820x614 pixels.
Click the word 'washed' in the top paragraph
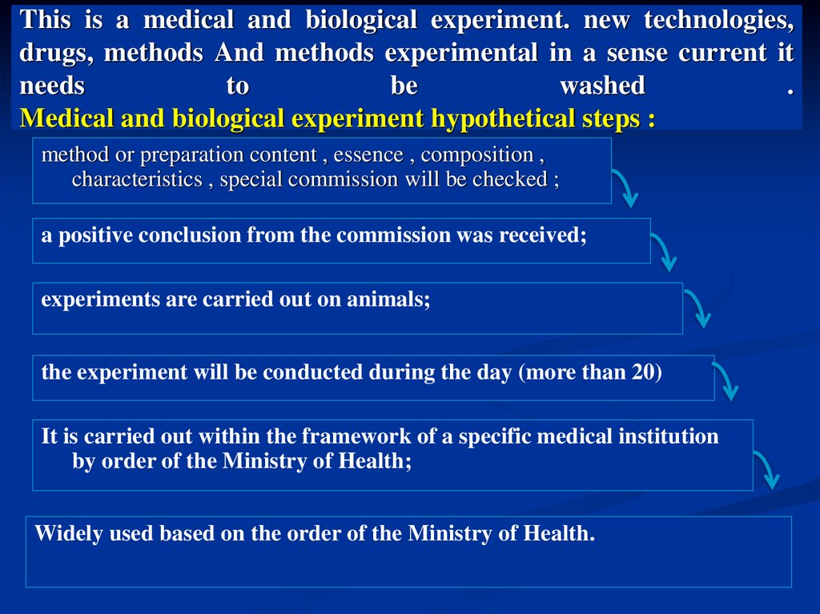click(602, 86)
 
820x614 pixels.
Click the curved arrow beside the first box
click(625, 188)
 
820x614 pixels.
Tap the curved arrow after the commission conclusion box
click(664, 251)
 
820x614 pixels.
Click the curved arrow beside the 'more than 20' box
click(726, 379)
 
